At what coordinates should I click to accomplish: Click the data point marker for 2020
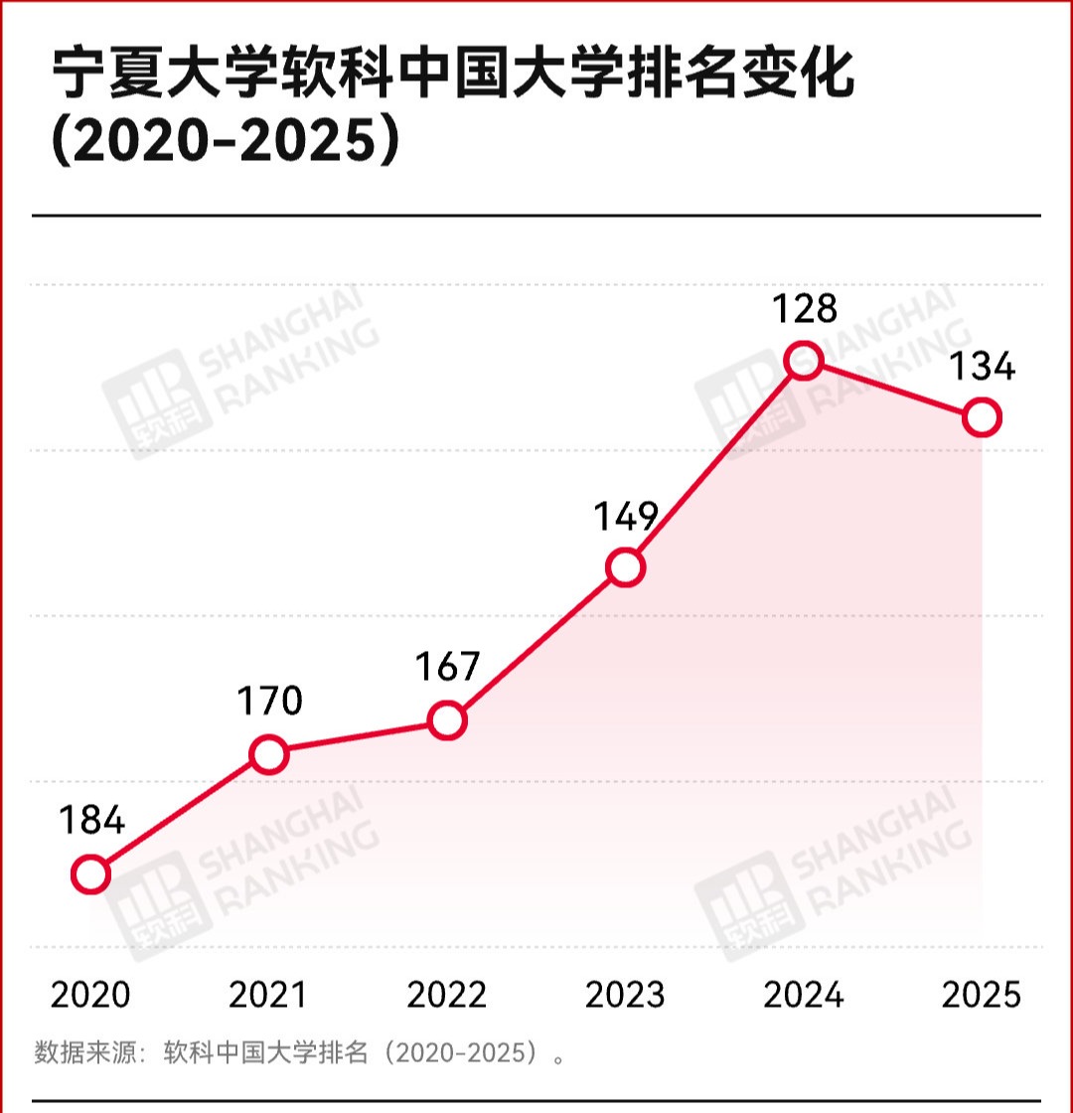coord(90,874)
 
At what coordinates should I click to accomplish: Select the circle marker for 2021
coord(269,754)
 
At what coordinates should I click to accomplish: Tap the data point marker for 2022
coord(447,719)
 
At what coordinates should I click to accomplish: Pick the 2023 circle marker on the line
coord(625,567)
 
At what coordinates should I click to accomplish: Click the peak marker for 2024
coord(803,360)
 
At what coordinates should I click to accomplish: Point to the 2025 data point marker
coord(982,417)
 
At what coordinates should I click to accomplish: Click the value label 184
coord(90,821)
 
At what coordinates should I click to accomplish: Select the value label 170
coord(269,702)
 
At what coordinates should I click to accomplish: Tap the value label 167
coord(447,667)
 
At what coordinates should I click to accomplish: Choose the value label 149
coord(626,516)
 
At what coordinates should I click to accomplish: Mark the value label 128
coord(804,308)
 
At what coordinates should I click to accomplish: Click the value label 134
coord(982,367)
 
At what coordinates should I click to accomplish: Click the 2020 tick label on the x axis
coord(90,995)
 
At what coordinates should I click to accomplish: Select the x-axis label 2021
coord(268,995)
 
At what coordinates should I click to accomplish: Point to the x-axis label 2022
coord(447,995)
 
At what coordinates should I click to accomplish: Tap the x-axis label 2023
coord(625,995)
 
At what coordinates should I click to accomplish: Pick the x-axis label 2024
coord(803,995)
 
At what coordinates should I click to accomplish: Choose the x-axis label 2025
coord(982,995)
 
